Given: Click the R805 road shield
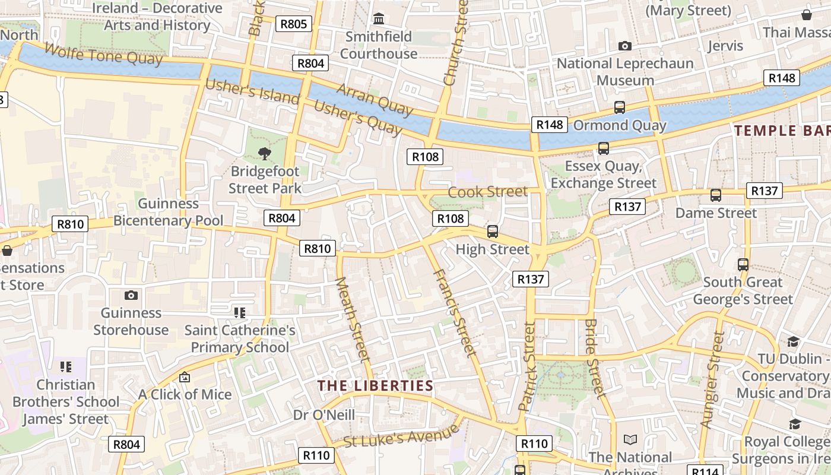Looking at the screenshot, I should pyautogui.click(x=294, y=24).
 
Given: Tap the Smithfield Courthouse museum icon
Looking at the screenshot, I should pyautogui.click(x=379, y=18).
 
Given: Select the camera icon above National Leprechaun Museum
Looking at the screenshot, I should pyautogui.click(x=624, y=46).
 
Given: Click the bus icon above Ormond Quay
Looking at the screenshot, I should pyautogui.click(x=620, y=107).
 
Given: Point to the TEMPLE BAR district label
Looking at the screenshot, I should pyautogui.click(x=782, y=131).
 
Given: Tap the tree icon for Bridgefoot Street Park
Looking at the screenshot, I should pyautogui.click(x=265, y=154).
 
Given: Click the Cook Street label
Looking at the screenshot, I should pyautogui.click(x=487, y=192).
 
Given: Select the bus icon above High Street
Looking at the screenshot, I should pyautogui.click(x=492, y=232).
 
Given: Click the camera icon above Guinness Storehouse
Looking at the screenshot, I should pyautogui.click(x=131, y=295).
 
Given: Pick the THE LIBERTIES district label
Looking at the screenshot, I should pyautogui.click(x=375, y=385).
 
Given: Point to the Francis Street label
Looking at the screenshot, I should pyautogui.click(x=455, y=313).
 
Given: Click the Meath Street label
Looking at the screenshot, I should pyautogui.click(x=353, y=319).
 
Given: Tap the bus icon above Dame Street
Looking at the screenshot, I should pyautogui.click(x=716, y=195).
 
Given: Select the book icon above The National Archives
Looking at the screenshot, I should pyautogui.click(x=630, y=439).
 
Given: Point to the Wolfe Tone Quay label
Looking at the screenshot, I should pyautogui.click(x=103, y=55).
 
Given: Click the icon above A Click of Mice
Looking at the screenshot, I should pyautogui.click(x=185, y=377).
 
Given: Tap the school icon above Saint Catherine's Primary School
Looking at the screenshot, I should pyautogui.click(x=240, y=312).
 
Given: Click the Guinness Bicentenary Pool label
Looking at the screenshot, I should pyautogui.click(x=169, y=212).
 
